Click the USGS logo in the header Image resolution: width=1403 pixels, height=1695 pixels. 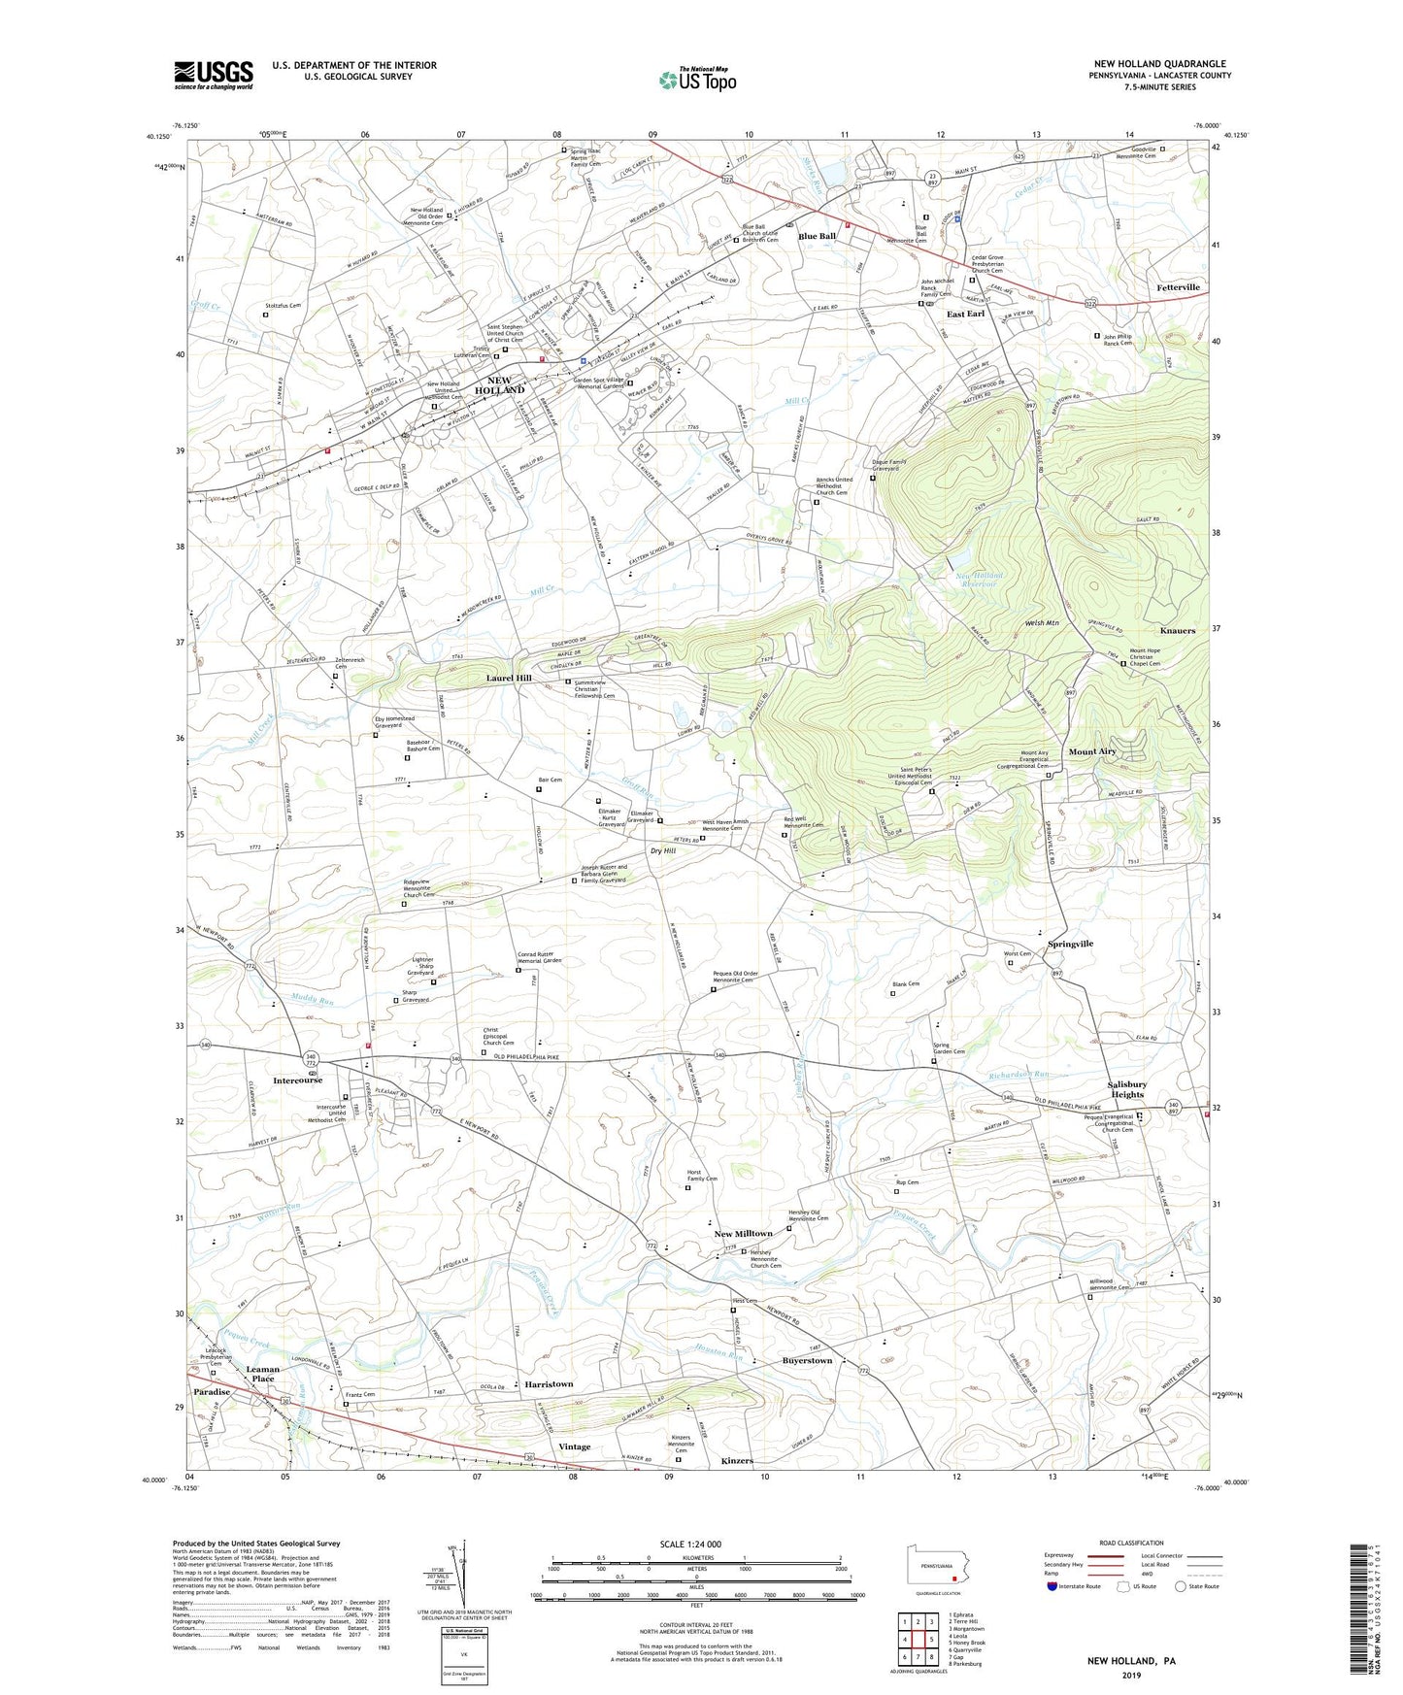click(214, 75)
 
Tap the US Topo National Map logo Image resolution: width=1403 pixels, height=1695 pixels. click(697, 80)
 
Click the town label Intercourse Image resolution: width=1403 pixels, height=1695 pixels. click(297, 1080)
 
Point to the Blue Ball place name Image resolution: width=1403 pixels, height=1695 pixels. click(817, 237)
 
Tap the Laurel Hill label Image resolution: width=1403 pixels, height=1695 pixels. click(509, 679)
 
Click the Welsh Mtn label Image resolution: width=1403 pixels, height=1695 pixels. click(1042, 623)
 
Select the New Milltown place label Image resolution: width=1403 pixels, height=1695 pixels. click(743, 1234)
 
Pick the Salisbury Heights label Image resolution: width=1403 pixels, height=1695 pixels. click(1126, 1089)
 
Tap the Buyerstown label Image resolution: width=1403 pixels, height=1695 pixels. click(807, 1361)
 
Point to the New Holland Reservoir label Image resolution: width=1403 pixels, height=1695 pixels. click(980, 580)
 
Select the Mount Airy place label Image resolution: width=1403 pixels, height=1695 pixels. click(1092, 752)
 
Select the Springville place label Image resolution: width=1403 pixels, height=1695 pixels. click(1070, 944)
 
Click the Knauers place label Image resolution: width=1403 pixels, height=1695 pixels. click(1177, 631)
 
